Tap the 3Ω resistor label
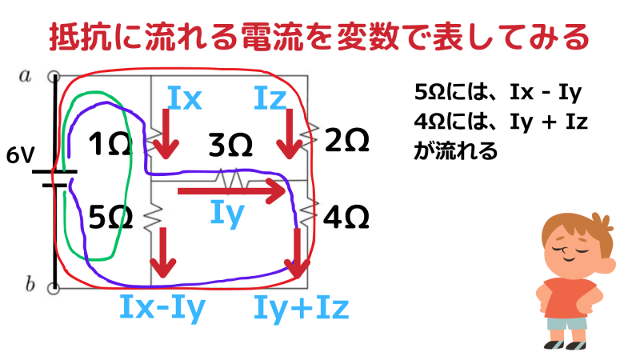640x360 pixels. click(x=230, y=146)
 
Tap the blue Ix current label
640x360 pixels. click(x=185, y=98)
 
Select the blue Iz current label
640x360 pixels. click(x=270, y=98)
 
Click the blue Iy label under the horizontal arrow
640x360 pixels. click(x=226, y=214)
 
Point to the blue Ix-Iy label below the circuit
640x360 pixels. click(x=162, y=306)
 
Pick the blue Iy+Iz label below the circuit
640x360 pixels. click(x=301, y=306)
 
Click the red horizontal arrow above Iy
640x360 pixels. click(x=232, y=191)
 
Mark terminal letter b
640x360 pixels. click(x=30, y=284)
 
